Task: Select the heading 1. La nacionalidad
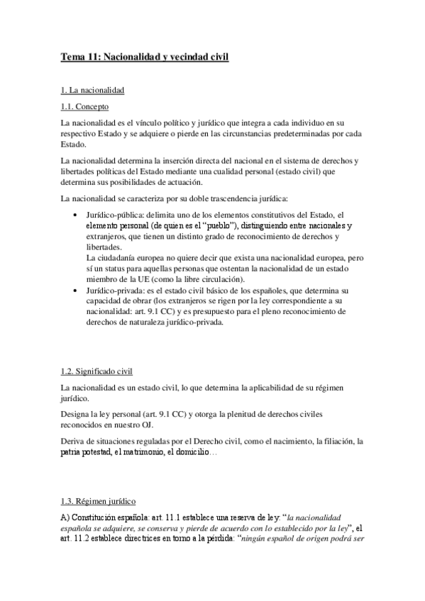pos(93,91)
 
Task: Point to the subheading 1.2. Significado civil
pos(101,371)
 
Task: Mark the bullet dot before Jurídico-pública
pos(76,214)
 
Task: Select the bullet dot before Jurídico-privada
pos(76,291)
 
